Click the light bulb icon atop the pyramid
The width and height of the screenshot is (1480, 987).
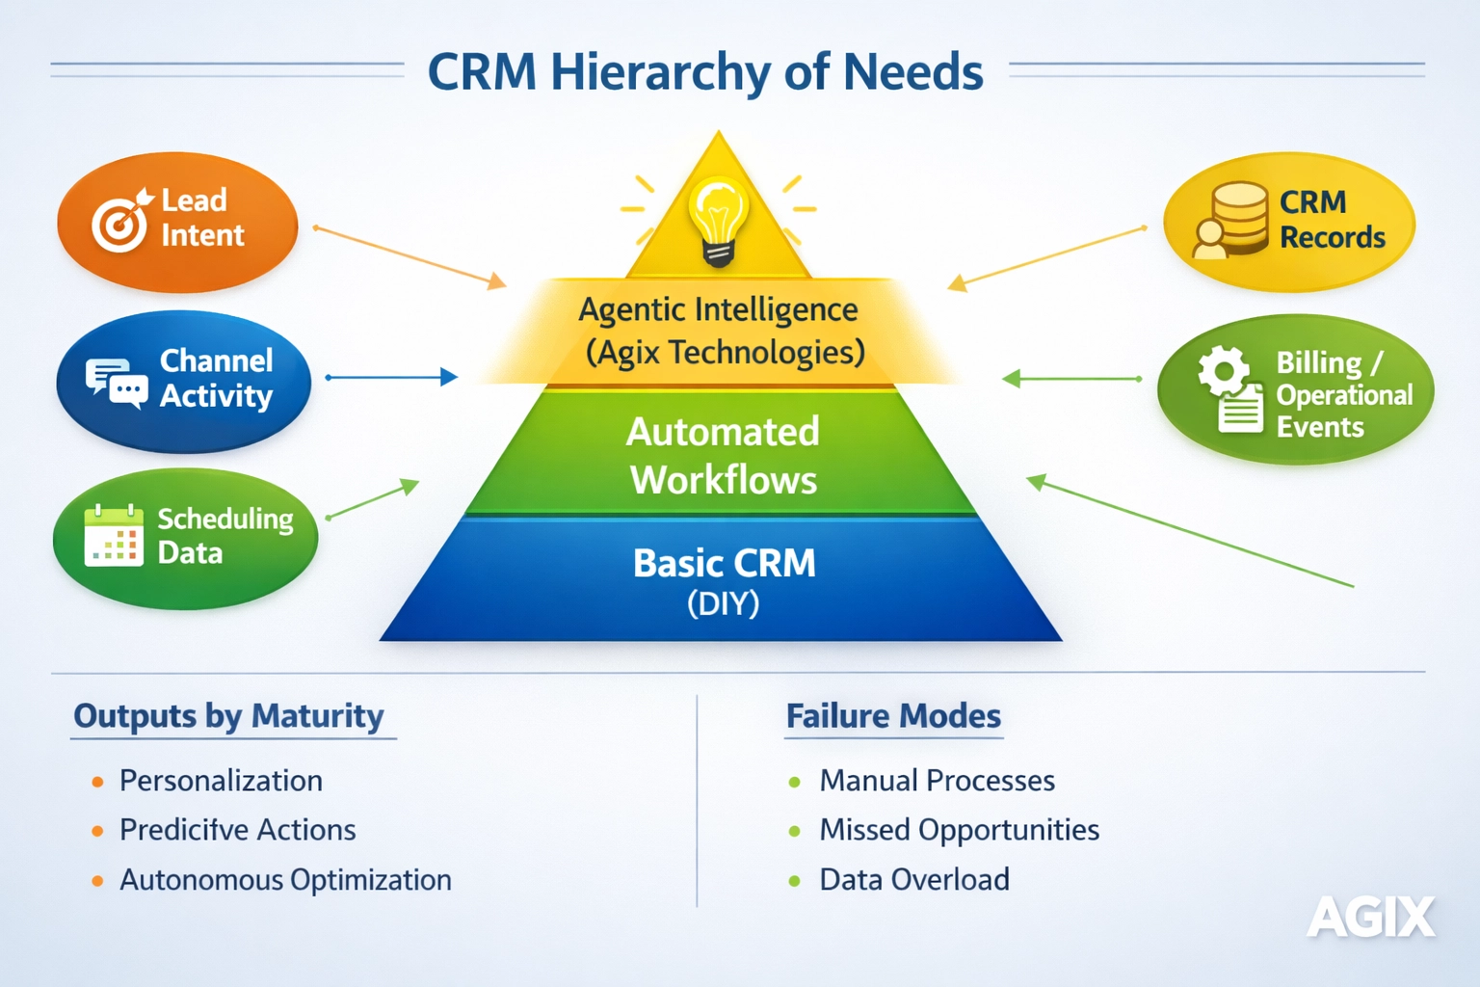pyautogui.click(x=718, y=220)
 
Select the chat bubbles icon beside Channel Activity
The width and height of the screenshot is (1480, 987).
pyautogui.click(x=116, y=383)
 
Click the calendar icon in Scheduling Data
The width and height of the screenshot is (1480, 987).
pyautogui.click(x=114, y=536)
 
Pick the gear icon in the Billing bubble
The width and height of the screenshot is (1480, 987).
pyautogui.click(x=1223, y=371)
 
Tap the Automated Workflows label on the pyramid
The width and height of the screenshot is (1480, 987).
pyautogui.click(x=723, y=455)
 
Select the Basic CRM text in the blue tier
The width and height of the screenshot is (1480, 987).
pyautogui.click(x=724, y=563)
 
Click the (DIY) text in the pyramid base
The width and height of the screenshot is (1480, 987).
pyautogui.click(x=723, y=604)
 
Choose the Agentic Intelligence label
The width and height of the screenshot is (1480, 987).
pyautogui.click(x=718, y=310)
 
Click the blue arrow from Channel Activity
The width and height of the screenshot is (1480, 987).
pyautogui.click(x=391, y=377)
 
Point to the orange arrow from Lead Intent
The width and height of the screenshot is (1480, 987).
pyautogui.click(x=410, y=256)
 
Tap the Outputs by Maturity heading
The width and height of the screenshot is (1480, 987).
pyautogui.click(x=228, y=716)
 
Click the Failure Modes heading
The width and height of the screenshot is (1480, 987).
pyautogui.click(x=893, y=716)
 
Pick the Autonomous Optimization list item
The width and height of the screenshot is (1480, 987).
pyautogui.click(x=285, y=880)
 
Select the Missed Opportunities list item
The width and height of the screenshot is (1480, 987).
pyautogui.click(x=959, y=830)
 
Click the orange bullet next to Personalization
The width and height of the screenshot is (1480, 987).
pyautogui.click(x=97, y=782)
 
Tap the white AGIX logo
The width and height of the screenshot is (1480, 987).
pyautogui.click(x=1370, y=917)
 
